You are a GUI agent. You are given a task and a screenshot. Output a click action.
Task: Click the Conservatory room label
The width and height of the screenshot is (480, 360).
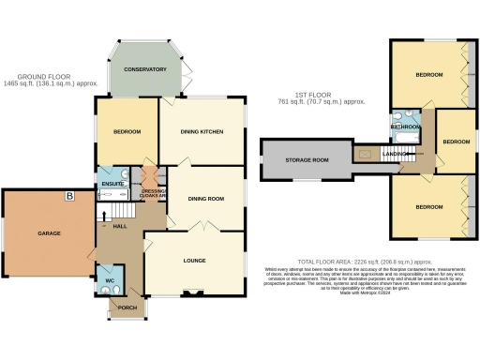point(145,69)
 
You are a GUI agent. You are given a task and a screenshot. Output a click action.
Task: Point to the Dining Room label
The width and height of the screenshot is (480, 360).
point(206,199)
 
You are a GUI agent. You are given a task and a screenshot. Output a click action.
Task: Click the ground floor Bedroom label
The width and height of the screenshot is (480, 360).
point(127,132)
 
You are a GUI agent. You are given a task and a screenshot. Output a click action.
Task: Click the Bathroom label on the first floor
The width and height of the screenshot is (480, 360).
point(405,126)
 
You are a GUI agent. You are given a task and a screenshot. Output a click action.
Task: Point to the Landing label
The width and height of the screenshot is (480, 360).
point(394,153)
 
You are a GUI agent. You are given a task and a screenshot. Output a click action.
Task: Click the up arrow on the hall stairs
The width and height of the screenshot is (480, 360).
point(102,215)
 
